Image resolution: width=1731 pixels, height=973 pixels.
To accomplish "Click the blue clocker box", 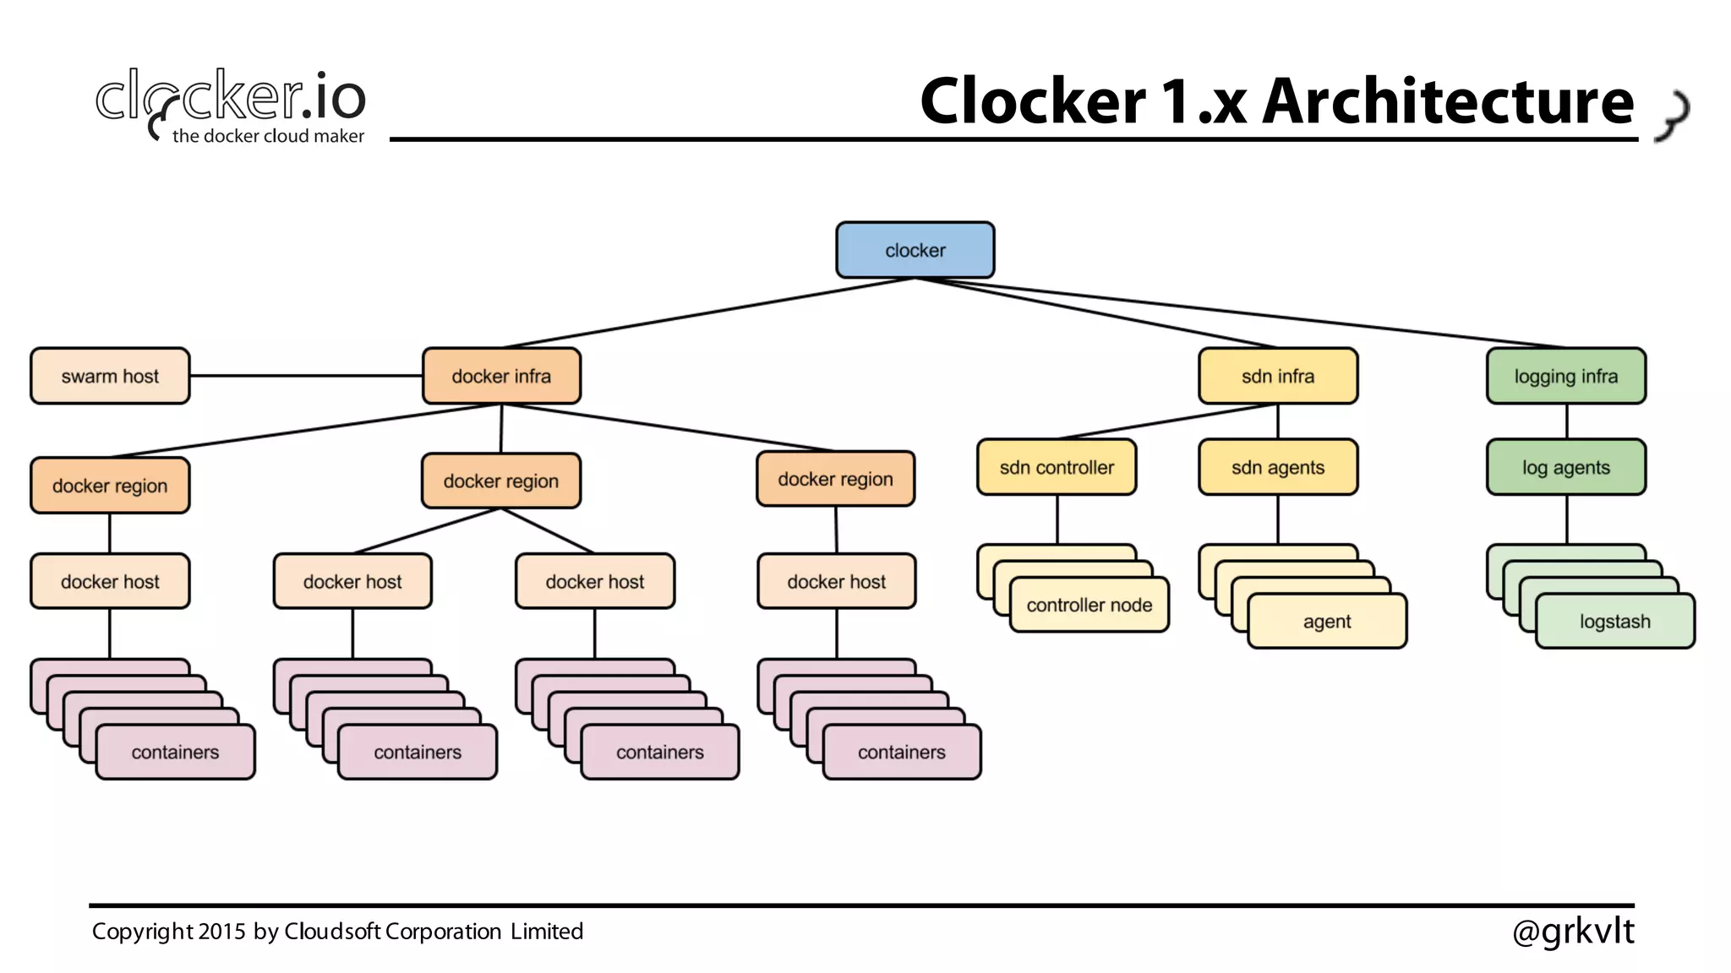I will [915, 250].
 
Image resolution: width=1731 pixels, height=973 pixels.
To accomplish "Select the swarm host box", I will [110, 376].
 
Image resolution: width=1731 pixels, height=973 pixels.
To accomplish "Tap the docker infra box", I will [501, 376].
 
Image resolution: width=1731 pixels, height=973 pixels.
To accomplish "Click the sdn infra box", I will [1278, 376].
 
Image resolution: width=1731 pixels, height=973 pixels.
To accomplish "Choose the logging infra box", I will [1565, 376].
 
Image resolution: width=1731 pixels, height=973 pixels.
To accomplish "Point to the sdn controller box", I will [1057, 467].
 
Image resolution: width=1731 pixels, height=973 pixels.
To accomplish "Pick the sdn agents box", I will [1278, 467].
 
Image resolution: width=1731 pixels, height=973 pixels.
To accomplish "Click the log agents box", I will [1565, 467].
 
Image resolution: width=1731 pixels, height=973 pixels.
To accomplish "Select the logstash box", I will [1614, 622].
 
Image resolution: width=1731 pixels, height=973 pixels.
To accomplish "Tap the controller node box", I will [1089, 605].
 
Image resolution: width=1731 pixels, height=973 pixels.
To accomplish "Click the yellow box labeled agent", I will [1326, 622].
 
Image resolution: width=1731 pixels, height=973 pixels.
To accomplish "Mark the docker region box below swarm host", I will [110, 486].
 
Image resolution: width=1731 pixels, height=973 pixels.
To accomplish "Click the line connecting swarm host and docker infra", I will [304, 376].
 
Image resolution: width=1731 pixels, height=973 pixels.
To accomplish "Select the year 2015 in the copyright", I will [221, 932].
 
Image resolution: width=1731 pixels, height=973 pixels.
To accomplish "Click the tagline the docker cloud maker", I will [268, 136].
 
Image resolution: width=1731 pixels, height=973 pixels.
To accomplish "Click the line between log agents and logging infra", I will [1566, 421].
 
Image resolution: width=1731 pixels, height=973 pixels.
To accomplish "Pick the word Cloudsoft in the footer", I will [332, 932].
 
